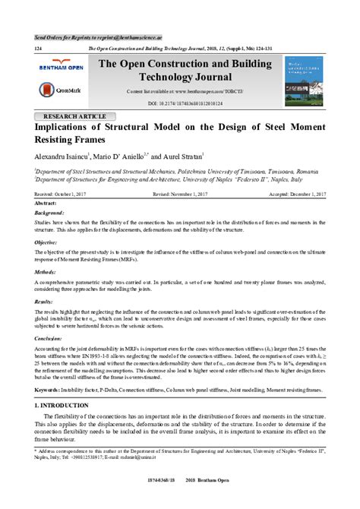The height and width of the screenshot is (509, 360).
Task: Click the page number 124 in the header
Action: click(38, 47)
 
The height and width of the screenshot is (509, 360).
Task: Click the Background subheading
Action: click(50, 214)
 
